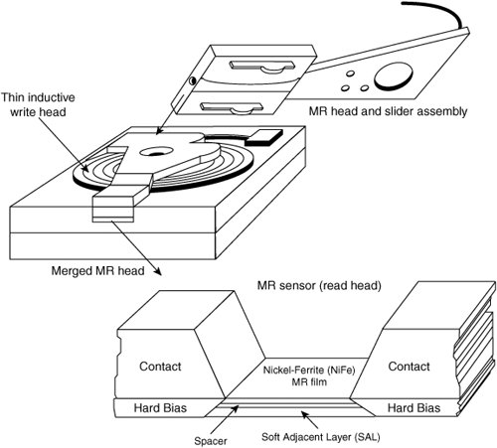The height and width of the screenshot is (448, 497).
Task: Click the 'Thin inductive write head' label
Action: pos(38,104)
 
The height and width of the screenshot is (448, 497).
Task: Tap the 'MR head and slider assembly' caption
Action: pos(388,111)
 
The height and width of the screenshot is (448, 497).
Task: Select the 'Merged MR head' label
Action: pos(97,271)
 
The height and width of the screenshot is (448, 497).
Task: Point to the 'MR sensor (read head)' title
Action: pos(319,285)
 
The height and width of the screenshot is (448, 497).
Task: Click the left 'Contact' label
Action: pos(160,367)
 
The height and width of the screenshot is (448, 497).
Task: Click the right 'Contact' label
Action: pos(409,367)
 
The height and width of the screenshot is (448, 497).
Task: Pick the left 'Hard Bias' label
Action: pos(160,407)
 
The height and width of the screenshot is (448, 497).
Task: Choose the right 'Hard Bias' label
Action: pos(414,407)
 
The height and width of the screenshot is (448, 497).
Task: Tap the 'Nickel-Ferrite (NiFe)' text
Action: pos(309,370)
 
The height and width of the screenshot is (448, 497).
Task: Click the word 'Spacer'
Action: pos(211,441)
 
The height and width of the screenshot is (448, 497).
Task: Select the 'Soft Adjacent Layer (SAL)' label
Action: pos(321,437)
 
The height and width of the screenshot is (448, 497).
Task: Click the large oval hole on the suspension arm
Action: pos(394,76)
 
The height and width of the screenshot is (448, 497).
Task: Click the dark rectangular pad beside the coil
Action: pos(263,137)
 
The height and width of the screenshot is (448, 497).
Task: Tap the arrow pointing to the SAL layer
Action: pos(309,419)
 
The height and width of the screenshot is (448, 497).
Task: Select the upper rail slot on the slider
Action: pos(261,66)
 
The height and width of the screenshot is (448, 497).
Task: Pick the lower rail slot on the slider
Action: pos(232,108)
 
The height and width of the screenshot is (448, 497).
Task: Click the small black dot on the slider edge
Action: pos(192,80)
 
